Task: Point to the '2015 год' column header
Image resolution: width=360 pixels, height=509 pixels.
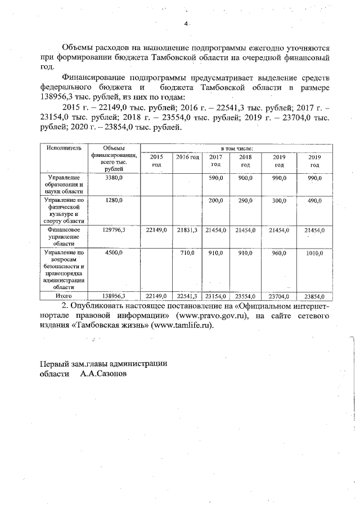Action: (x=156, y=160)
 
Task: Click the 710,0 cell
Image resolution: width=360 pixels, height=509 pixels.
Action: (x=187, y=253)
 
